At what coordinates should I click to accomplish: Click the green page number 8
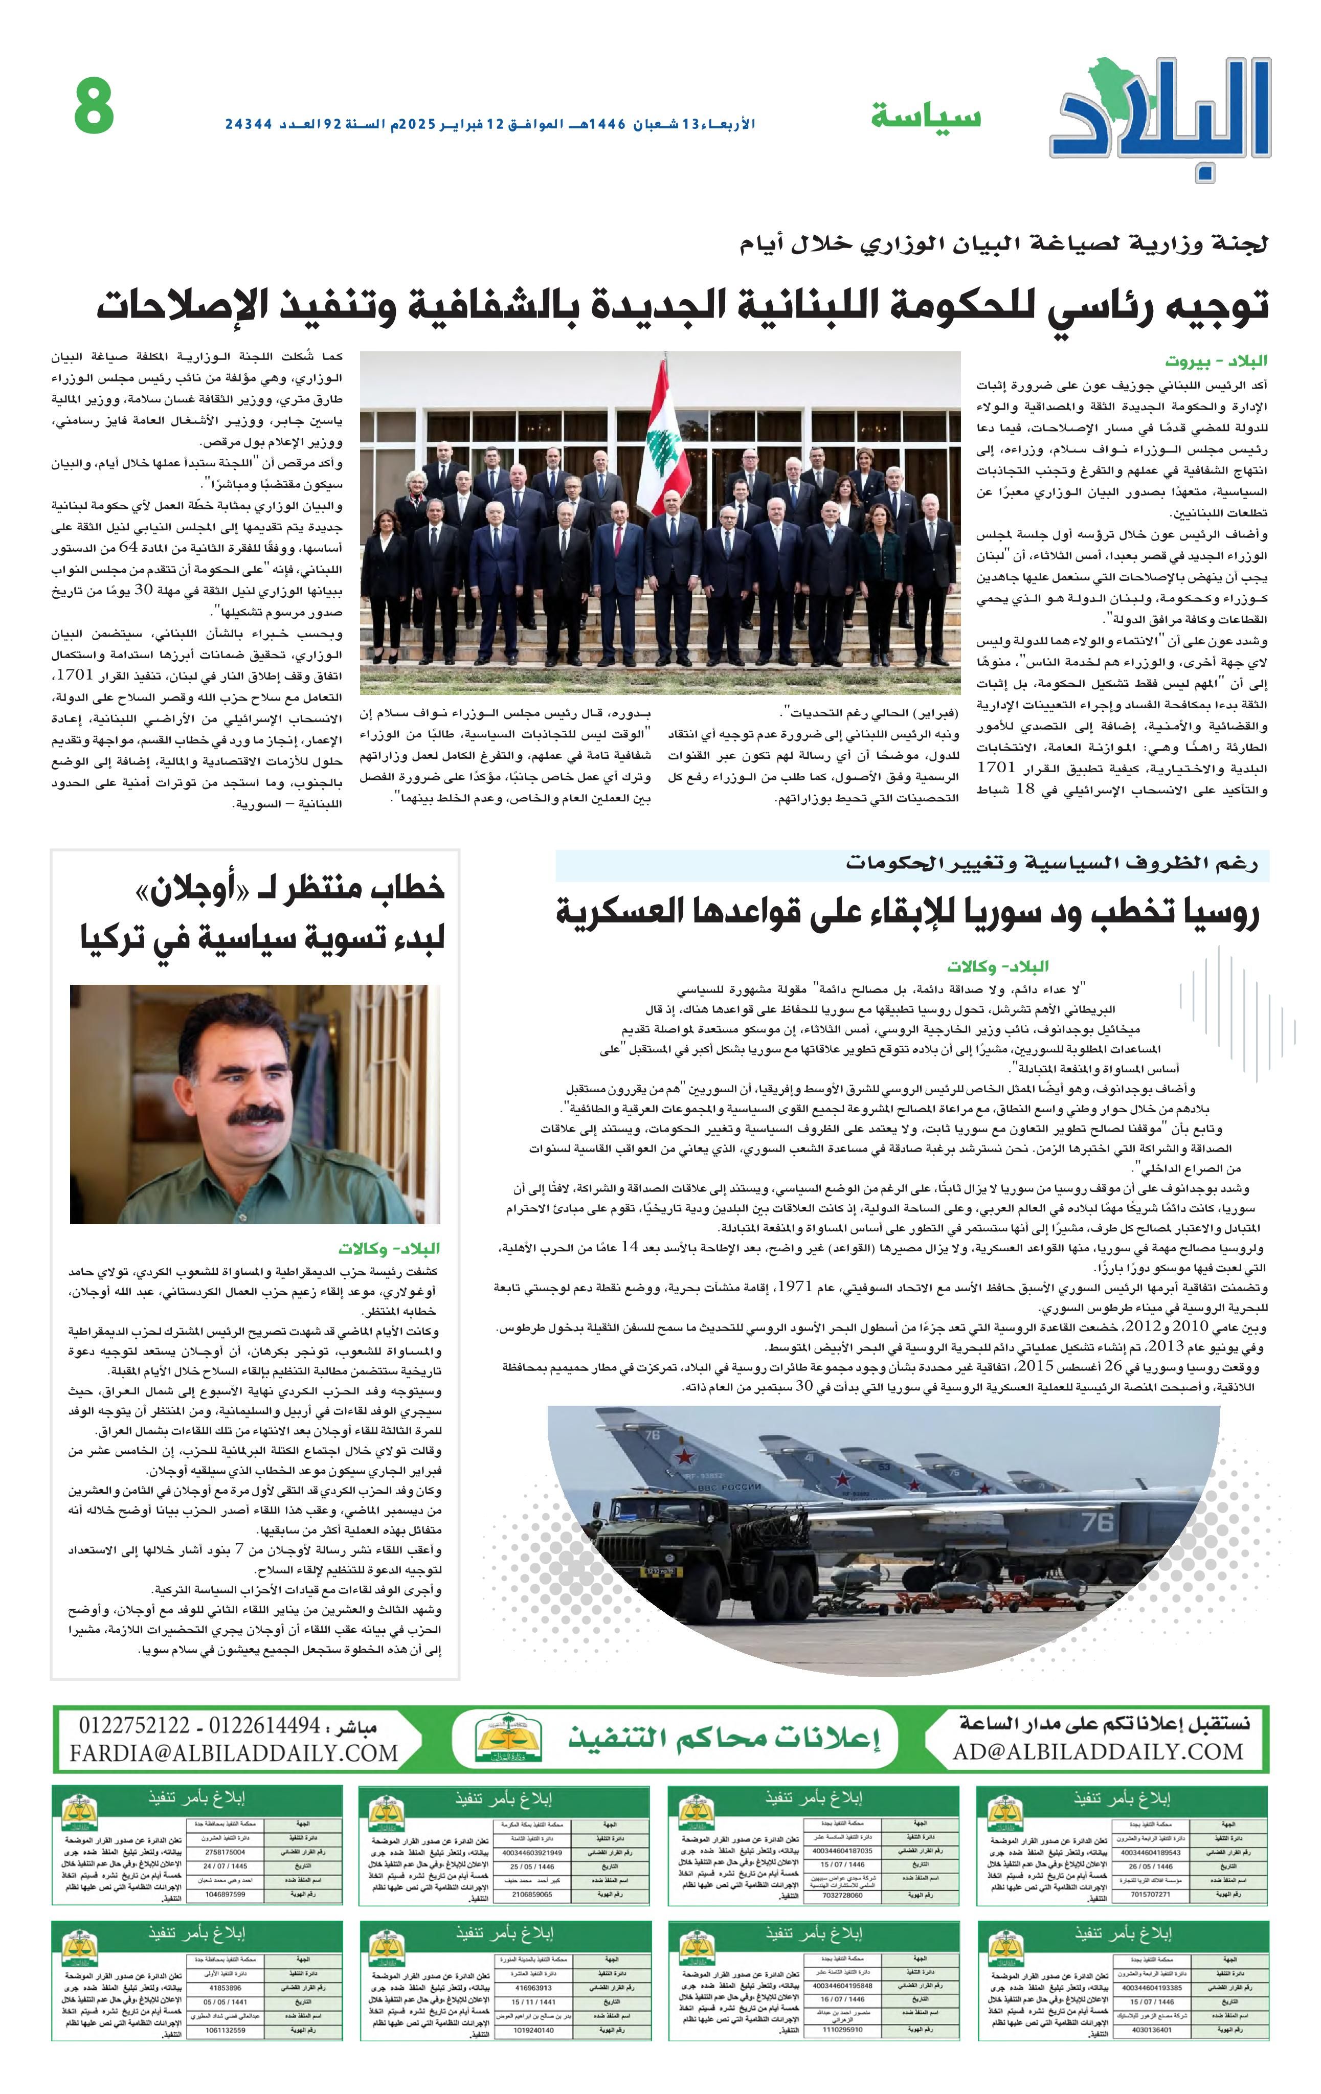click(94, 106)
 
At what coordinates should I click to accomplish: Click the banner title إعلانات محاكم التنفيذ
click(724, 1738)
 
